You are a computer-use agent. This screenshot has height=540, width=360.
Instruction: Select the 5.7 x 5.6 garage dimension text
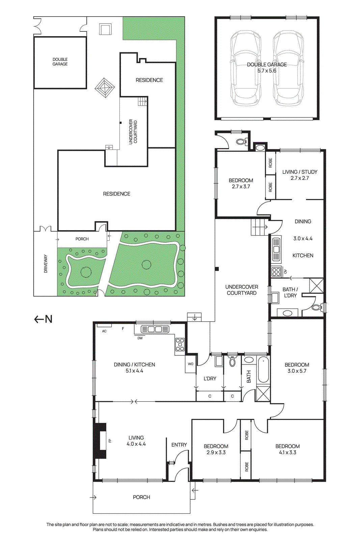point(267,71)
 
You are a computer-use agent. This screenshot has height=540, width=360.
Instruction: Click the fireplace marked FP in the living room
point(101,440)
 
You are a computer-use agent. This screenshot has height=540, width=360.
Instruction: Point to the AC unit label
point(104,331)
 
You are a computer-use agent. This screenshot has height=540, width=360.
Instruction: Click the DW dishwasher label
point(140,338)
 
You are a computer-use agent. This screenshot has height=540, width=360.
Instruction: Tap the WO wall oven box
point(191,364)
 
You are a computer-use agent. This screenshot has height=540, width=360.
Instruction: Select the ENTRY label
point(179,445)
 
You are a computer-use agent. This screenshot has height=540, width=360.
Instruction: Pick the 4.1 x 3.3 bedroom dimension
point(287,452)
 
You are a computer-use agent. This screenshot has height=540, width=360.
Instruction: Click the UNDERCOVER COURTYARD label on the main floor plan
point(242,290)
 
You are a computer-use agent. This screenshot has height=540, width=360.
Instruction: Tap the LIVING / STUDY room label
point(300,172)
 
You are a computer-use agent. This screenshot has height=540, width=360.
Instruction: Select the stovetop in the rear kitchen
point(276,271)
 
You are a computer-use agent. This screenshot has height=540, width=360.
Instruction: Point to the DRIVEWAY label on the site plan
point(46,264)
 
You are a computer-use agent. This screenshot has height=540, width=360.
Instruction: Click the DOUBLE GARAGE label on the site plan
point(60,62)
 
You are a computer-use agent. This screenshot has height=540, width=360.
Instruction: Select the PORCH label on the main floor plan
point(141,497)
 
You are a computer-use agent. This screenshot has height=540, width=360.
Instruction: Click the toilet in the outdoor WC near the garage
point(241,142)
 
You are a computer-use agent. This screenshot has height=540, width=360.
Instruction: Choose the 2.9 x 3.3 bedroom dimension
point(216,452)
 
